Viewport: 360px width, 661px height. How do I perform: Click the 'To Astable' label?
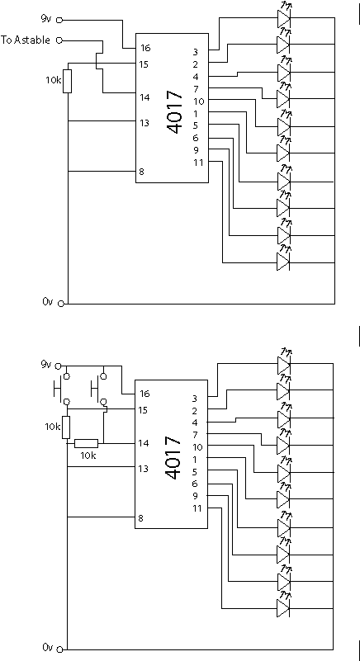pyautogui.click(x=26, y=40)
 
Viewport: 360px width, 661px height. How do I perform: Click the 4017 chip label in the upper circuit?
pyautogui.click(x=176, y=112)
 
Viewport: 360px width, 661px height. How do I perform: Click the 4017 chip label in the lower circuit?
pyautogui.click(x=175, y=458)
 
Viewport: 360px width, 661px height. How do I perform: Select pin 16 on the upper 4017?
pyautogui.click(x=145, y=48)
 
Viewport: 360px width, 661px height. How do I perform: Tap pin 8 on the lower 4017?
pyautogui.click(x=140, y=518)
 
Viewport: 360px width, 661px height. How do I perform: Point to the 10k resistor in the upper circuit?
pyautogui.click(x=67, y=82)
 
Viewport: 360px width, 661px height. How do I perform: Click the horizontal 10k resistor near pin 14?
pyautogui.click(x=87, y=443)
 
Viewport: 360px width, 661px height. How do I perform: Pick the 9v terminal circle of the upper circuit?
pyautogui.click(x=59, y=19)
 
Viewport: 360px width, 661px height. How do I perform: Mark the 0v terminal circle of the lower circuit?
pyautogui.click(x=59, y=649)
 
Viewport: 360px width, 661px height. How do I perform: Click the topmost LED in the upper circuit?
pyautogui.click(x=284, y=17)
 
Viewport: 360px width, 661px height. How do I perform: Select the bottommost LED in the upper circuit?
pyautogui.click(x=284, y=262)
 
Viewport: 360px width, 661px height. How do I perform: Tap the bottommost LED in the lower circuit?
pyautogui.click(x=284, y=608)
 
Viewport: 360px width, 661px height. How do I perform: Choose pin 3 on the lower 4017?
pyautogui.click(x=195, y=398)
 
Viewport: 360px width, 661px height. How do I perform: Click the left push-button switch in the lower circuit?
pyautogui.click(x=62, y=387)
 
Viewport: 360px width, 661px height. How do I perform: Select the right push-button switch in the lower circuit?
pyautogui.click(x=99, y=387)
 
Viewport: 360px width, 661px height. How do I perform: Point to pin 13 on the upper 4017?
pyautogui.click(x=144, y=123)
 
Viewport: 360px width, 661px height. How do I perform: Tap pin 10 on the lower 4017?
pyautogui.click(x=198, y=446)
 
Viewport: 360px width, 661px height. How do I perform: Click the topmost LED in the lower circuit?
pyautogui.click(x=284, y=365)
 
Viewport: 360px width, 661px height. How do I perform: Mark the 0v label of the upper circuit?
pyautogui.click(x=47, y=301)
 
